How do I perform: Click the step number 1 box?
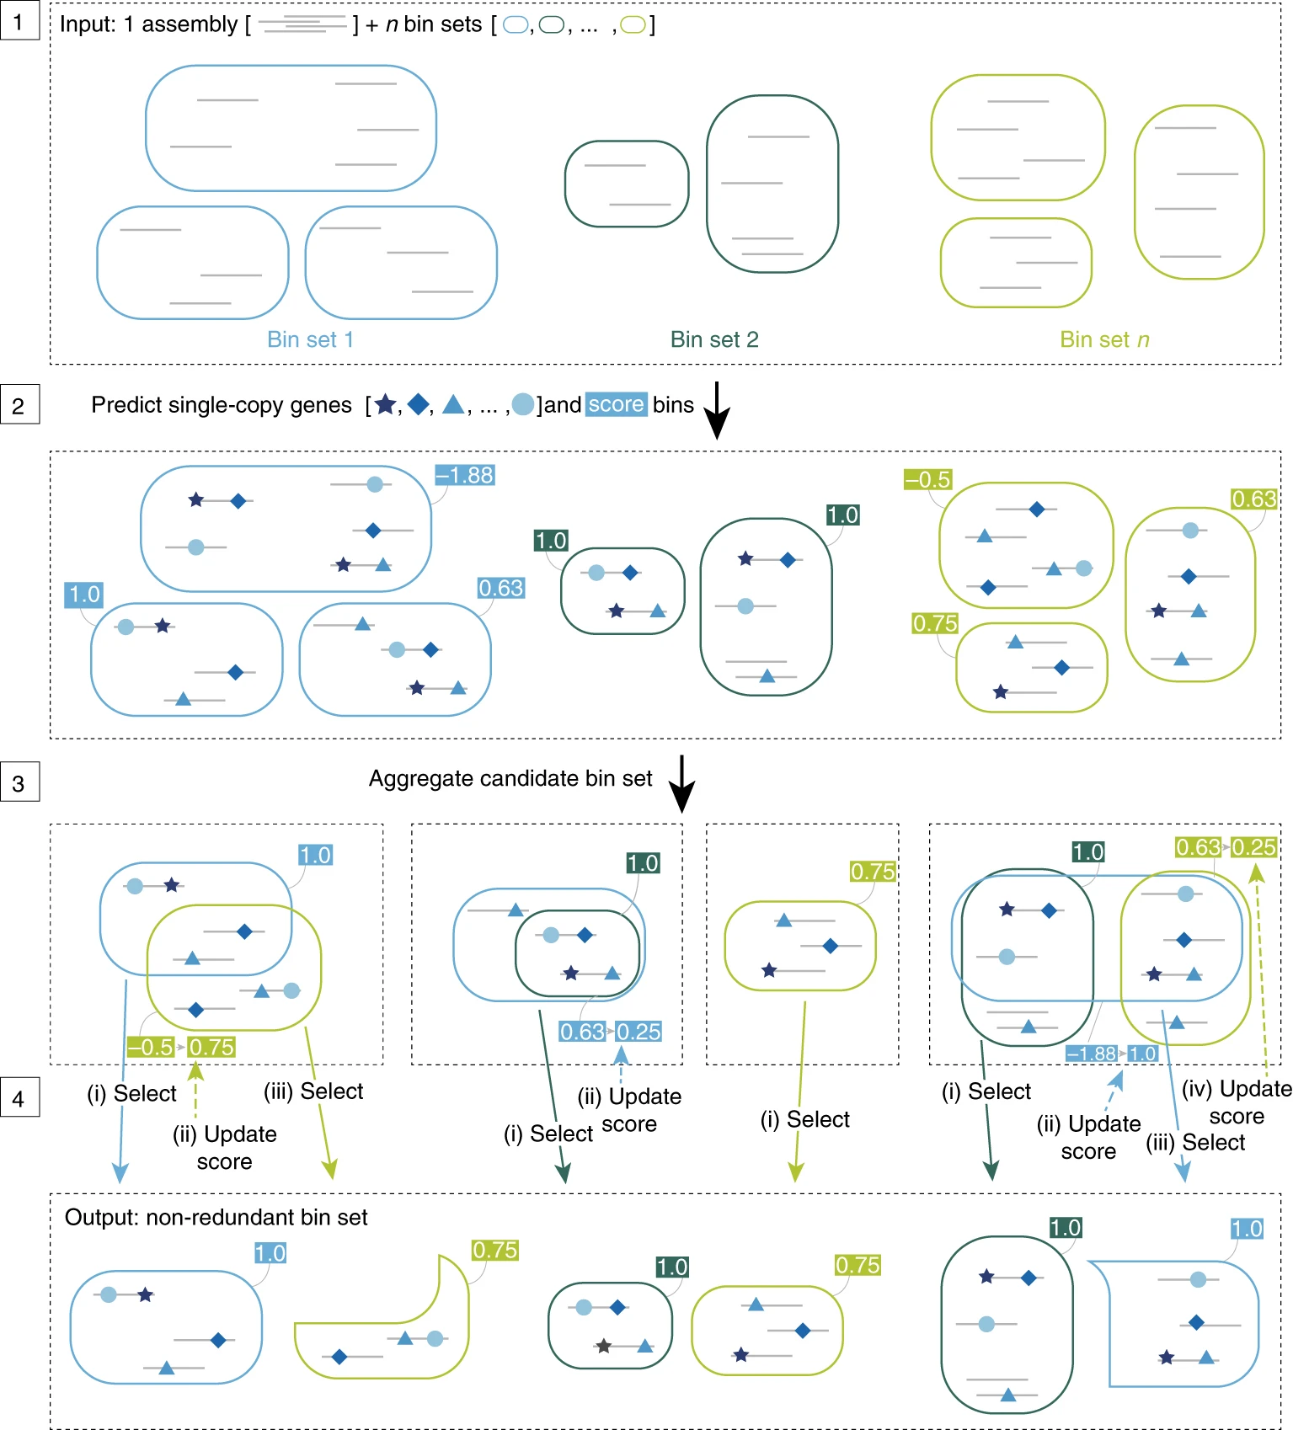19,21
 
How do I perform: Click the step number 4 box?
19,1098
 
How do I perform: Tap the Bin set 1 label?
310,339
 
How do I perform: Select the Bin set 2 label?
714,339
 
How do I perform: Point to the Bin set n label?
1104,339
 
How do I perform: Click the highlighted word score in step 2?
616,404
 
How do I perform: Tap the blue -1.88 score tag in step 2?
465,475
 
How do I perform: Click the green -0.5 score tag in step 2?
927,479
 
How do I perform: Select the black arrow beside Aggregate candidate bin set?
681,783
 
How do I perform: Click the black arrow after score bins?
716,410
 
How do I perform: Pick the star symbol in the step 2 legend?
385,405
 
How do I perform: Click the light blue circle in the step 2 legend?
523,405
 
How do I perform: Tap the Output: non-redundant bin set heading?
216,1217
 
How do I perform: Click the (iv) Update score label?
1237,1102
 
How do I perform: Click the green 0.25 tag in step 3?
1253,847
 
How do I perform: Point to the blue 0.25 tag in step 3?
638,1032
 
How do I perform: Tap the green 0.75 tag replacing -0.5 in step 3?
211,1047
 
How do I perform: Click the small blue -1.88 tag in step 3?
1092,1054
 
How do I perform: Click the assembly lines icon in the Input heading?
302,24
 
